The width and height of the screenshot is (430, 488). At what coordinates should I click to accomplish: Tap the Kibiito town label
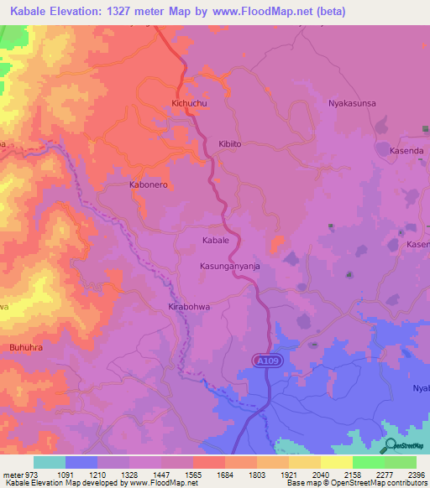tap(230, 144)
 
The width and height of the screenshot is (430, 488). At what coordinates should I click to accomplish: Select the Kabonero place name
tap(149, 184)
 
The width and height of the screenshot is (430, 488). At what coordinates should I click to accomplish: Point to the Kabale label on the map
tap(216, 240)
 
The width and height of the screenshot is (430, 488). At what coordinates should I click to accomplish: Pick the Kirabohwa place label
tap(189, 307)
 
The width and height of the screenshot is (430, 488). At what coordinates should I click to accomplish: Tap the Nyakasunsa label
tap(351, 103)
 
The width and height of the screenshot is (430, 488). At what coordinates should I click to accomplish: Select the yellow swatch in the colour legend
tap(336, 462)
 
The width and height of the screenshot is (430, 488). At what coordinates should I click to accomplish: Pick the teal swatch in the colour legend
tap(50, 462)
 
